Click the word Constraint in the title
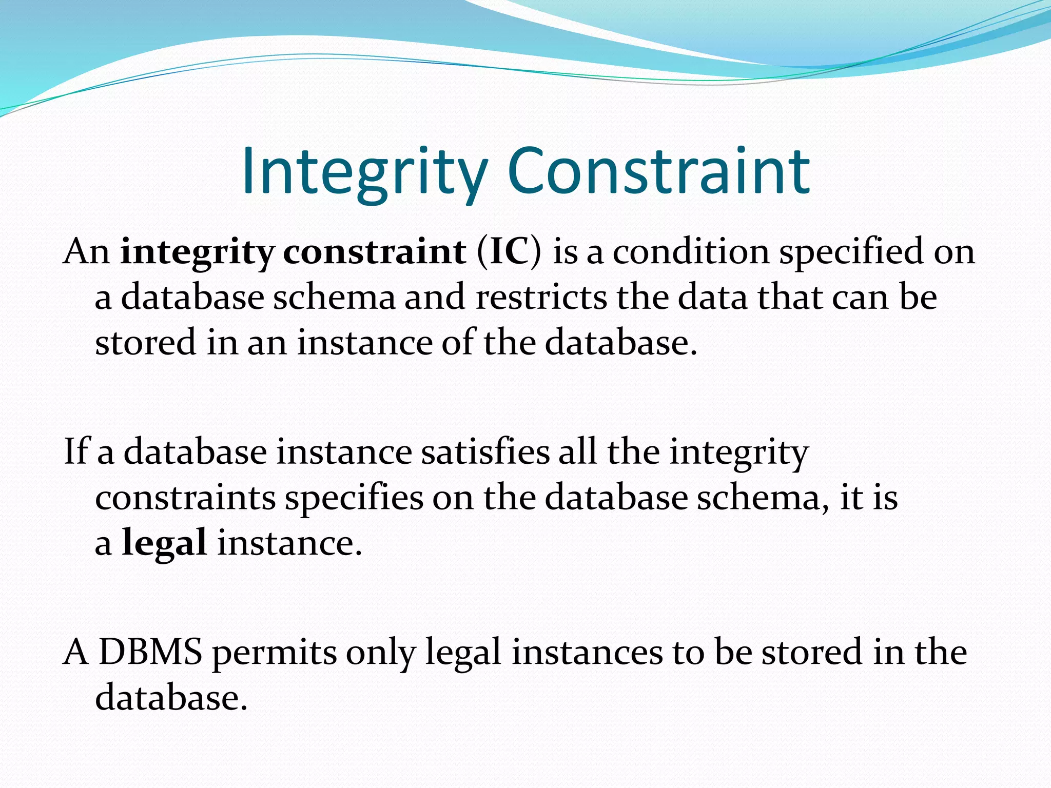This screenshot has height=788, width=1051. click(658, 171)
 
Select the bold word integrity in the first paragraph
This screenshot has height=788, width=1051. click(197, 252)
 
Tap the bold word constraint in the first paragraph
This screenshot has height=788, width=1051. click(375, 252)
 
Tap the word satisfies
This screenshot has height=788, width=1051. click(485, 452)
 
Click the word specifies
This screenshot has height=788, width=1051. click(354, 498)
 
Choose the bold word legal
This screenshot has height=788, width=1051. click(164, 543)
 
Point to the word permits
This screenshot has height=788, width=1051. click(274, 653)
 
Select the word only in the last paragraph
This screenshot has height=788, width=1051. click(380, 653)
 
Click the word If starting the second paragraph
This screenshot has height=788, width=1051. click(75, 452)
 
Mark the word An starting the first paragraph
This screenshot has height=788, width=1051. click(86, 252)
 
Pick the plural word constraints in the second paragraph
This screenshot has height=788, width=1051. click(185, 498)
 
